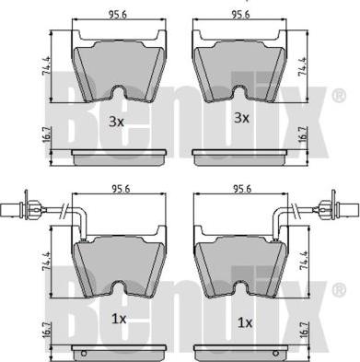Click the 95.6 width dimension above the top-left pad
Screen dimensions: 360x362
pyautogui.click(x=118, y=15)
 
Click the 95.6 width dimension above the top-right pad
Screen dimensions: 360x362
pyautogui.click(x=241, y=15)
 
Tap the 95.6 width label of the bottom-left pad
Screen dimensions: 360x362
pyautogui.click(x=121, y=189)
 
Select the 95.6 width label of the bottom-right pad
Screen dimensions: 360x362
pyautogui.click(x=242, y=189)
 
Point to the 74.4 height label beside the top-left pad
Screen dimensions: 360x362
pyautogui.click(x=47, y=66)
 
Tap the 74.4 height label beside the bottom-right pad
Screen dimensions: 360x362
pyautogui.click(x=303, y=260)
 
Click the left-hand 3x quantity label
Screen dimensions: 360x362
pyautogui.click(x=116, y=123)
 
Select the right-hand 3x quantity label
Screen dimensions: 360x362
pyautogui.click(x=242, y=118)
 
